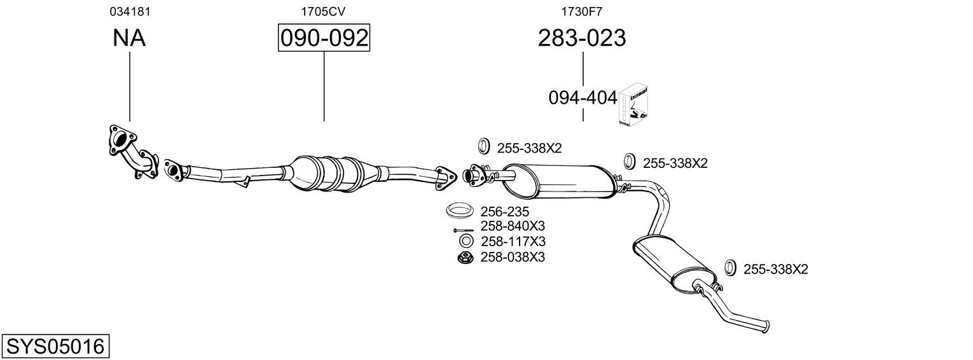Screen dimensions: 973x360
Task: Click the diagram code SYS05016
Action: pyautogui.click(x=55, y=347)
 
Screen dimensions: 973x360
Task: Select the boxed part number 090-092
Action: pyautogui.click(x=324, y=38)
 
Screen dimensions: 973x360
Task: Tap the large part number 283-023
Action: pyautogui.click(x=582, y=38)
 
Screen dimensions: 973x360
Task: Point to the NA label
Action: pyautogui.click(x=129, y=38)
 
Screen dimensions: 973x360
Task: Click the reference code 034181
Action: pyautogui.click(x=130, y=11)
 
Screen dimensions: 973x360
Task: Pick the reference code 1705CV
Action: pyautogui.click(x=323, y=11)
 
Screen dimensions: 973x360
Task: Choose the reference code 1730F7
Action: pyautogui.click(x=581, y=11)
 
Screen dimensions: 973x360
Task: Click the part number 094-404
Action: pyautogui.click(x=583, y=98)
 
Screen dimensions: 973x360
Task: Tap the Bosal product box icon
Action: pyautogui.click(x=633, y=104)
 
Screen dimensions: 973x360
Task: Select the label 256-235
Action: pyautogui.click(x=505, y=212)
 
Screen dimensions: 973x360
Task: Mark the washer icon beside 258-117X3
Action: pyautogui.click(x=465, y=242)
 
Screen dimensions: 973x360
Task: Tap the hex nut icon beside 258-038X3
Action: pyautogui.click(x=465, y=258)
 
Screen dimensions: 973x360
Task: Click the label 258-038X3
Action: pyautogui.click(x=513, y=257)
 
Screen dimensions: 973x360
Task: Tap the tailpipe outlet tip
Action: pyautogui.click(x=768, y=326)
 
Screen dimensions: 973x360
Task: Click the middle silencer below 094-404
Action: pyautogui.click(x=560, y=179)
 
